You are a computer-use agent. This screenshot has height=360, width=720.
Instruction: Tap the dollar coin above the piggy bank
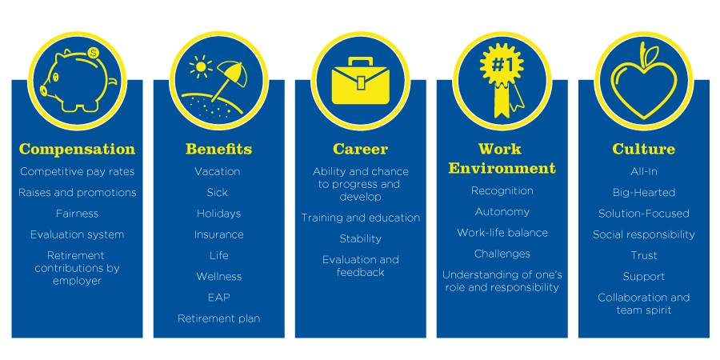pyautogui.click(x=94, y=54)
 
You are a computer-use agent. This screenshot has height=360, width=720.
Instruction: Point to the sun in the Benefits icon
pyautogui.click(x=201, y=67)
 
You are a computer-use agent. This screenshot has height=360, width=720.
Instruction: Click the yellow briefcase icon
pyautogui.click(x=361, y=81)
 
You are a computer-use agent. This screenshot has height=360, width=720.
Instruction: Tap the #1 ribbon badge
pyautogui.click(x=502, y=78)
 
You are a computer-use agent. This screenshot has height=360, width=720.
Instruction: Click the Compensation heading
pyautogui.click(x=77, y=150)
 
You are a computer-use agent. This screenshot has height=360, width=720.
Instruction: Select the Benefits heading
pyautogui.click(x=218, y=150)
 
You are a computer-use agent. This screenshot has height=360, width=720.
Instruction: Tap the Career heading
pyautogui.click(x=361, y=150)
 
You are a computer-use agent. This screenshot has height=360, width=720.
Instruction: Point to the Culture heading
pyautogui.click(x=644, y=150)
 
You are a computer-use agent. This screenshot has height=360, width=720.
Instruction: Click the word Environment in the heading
pyautogui.click(x=502, y=168)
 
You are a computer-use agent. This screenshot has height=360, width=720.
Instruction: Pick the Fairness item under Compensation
pyautogui.click(x=77, y=214)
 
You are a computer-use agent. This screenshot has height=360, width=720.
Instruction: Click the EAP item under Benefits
pyautogui.click(x=219, y=298)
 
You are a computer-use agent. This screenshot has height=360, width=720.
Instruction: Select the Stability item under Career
pyautogui.click(x=361, y=238)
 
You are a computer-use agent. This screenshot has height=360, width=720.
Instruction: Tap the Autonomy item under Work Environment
pyautogui.click(x=502, y=212)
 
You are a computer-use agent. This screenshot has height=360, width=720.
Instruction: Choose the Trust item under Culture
pyautogui.click(x=644, y=256)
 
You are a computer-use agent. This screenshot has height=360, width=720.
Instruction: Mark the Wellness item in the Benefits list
pyautogui.click(x=219, y=277)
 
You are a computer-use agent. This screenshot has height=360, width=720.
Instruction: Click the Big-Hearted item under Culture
pyautogui.click(x=644, y=192)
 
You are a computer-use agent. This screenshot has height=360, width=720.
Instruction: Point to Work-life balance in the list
pyautogui.click(x=502, y=233)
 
